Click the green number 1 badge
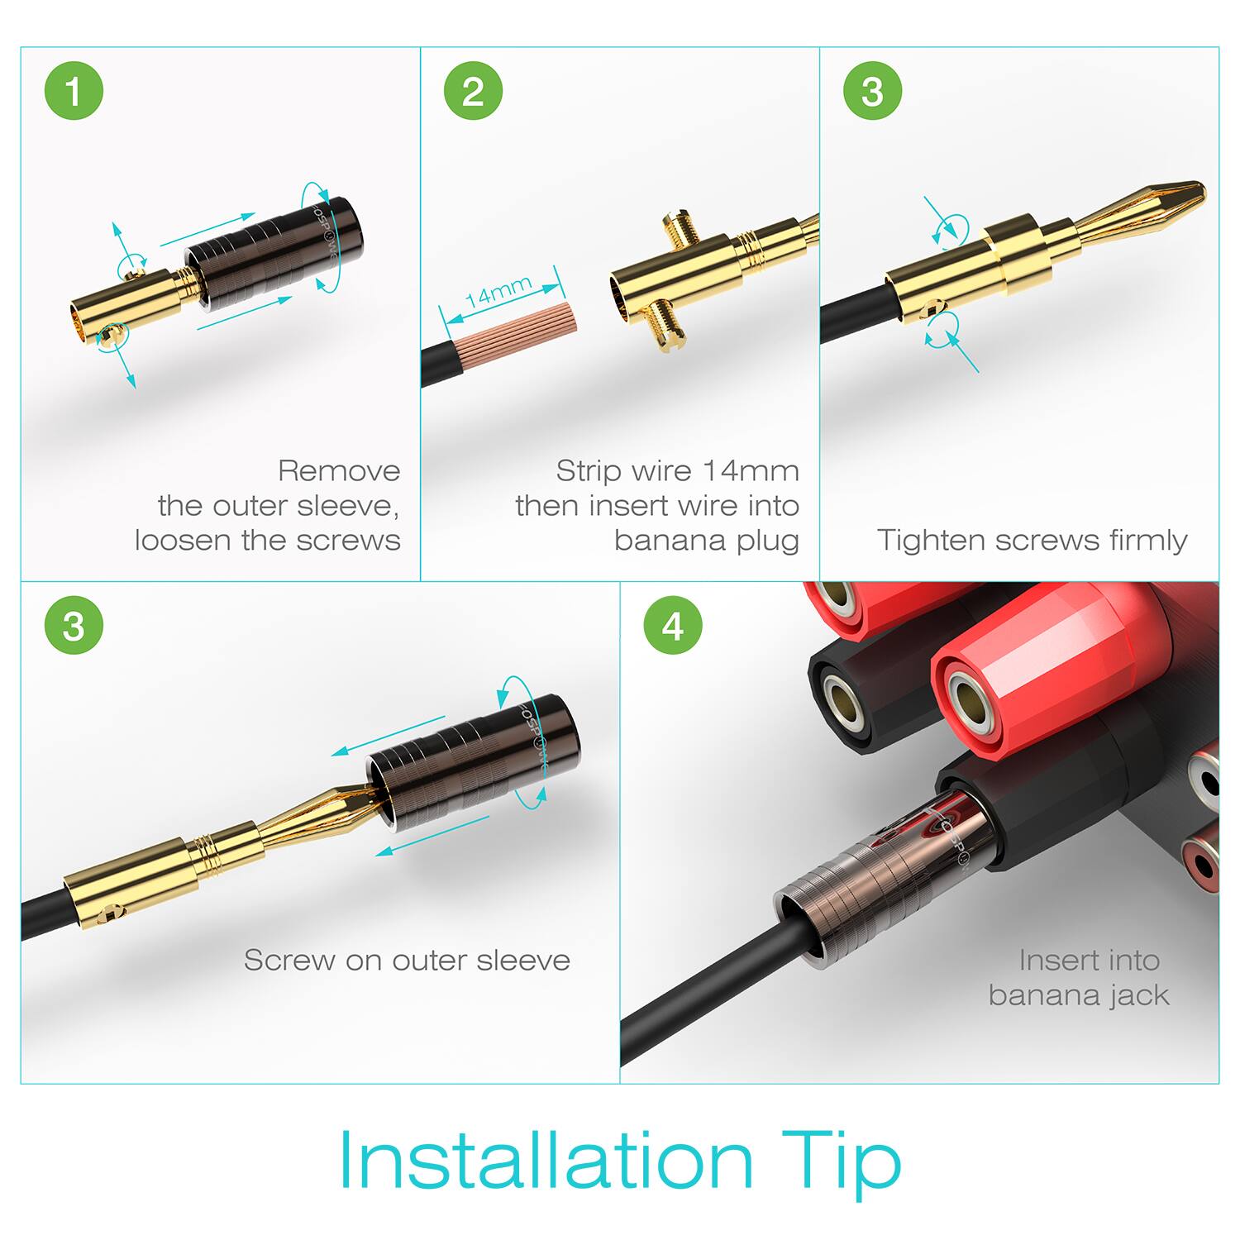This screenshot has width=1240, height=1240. [74, 91]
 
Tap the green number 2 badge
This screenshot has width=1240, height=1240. [473, 91]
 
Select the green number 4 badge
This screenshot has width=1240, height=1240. [673, 626]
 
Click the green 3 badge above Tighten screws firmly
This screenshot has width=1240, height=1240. [872, 91]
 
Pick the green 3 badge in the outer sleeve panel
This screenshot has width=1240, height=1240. [74, 626]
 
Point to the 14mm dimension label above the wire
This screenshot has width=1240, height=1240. [498, 292]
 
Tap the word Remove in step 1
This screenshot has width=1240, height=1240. [339, 471]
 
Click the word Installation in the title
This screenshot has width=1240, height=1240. [546, 1159]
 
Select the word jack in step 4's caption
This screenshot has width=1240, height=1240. [1139, 995]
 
